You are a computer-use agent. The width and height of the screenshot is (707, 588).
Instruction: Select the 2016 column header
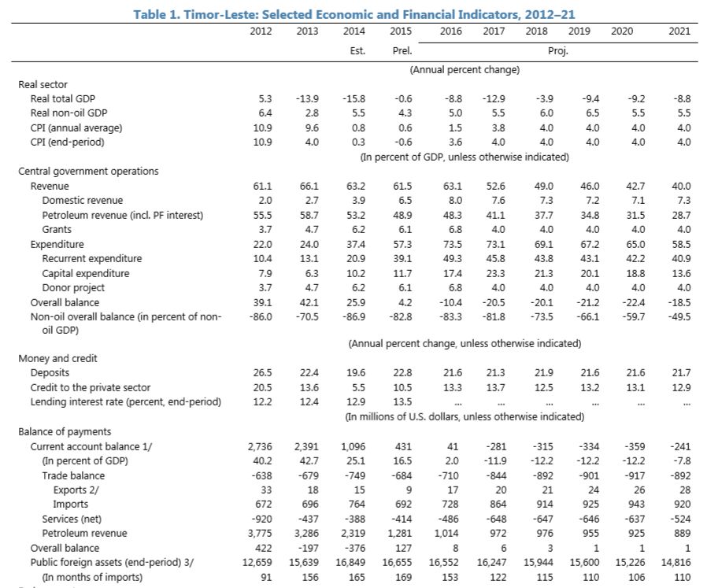pos(450,31)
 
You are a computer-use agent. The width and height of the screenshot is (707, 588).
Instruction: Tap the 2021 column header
pos(679,31)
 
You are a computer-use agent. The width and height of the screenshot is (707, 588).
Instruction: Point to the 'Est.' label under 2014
pos(356,51)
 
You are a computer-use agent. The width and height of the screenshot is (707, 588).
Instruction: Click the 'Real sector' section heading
pos(43,84)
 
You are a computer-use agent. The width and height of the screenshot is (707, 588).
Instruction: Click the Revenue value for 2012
pos(265,186)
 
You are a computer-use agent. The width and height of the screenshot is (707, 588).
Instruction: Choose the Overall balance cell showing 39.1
pos(265,302)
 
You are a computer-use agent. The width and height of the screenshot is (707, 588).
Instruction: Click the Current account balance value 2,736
pos(261,446)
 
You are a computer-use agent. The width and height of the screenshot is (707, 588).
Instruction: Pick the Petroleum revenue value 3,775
pos(261,533)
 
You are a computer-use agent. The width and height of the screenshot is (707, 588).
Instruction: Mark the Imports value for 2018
pos(543,504)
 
